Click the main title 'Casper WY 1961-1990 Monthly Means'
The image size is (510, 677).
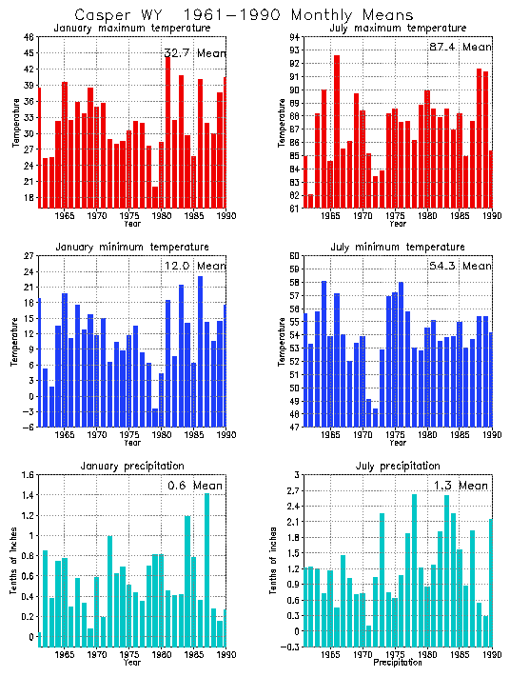coord(244,15)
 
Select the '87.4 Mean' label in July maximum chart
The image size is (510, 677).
coord(461,46)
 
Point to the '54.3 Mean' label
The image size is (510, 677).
coord(461,267)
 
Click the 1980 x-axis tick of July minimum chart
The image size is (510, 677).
coord(428,434)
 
